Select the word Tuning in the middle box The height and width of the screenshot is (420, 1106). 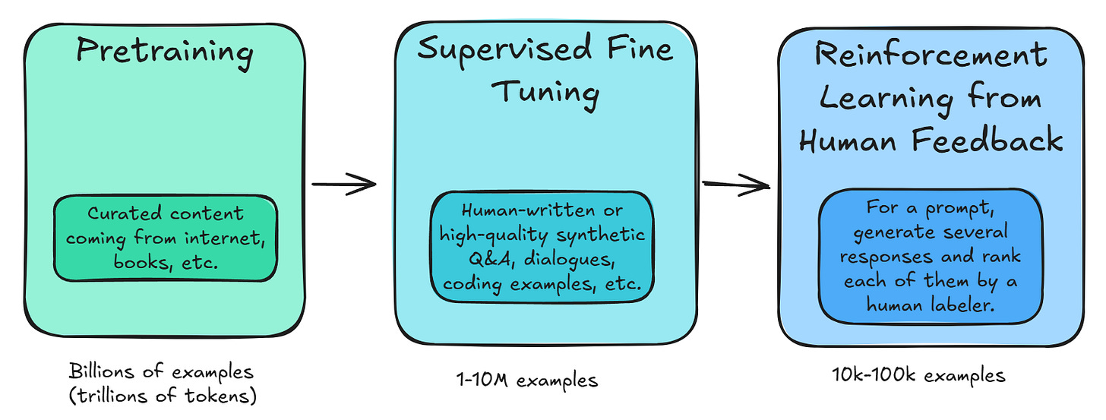tap(545, 93)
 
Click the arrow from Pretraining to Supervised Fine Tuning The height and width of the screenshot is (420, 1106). tap(344, 183)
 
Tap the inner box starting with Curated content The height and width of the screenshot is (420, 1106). tap(165, 238)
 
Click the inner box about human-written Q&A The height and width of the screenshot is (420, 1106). tap(542, 246)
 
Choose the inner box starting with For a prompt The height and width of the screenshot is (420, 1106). tap(931, 256)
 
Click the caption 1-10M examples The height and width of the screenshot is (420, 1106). tap(523, 379)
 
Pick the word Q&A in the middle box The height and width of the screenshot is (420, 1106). tap(464, 259)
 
